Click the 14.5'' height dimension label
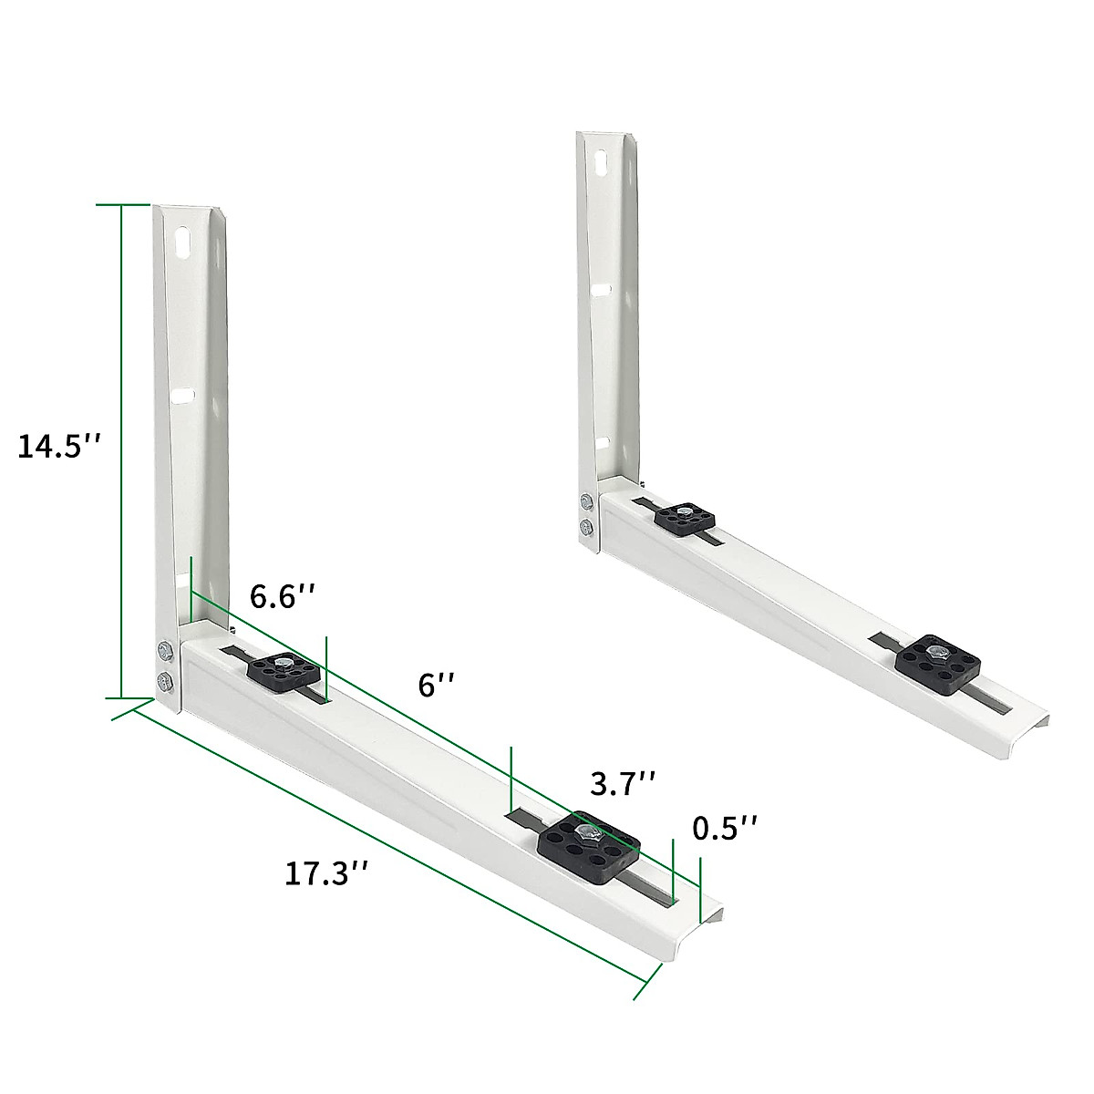click(57, 448)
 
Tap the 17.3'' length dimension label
click(326, 872)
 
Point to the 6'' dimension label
click(436, 685)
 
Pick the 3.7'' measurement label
click(624, 783)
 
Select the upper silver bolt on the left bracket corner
click(164, 650)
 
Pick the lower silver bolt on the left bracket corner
click(165, 680)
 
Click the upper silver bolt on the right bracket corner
click(586, 501)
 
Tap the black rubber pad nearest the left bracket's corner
click(283, 673)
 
